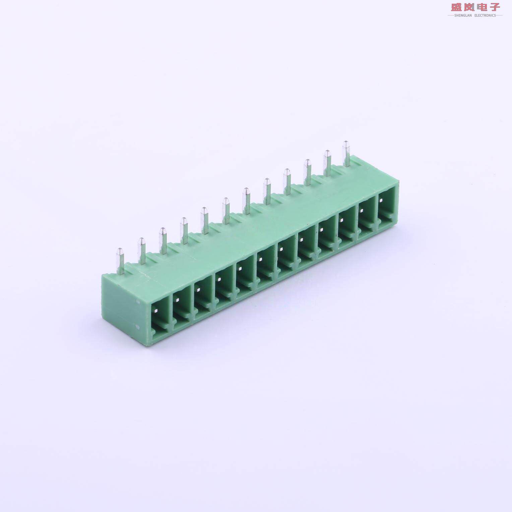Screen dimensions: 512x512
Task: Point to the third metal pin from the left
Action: pyautogui.click(x=163, y=240)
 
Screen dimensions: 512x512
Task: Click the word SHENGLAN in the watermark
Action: pyautogui.click(x=463, y=15)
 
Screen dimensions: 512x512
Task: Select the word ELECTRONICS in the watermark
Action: pyautogui.click(x=485, y=15)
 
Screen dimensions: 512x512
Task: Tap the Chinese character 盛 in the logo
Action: pyautogui.click(x=456, y=7)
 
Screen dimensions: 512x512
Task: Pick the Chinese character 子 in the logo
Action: pyautogui.click(x=494, y=7)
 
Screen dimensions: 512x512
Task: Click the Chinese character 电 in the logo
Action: pyautogui.click(x=482, y=7)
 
